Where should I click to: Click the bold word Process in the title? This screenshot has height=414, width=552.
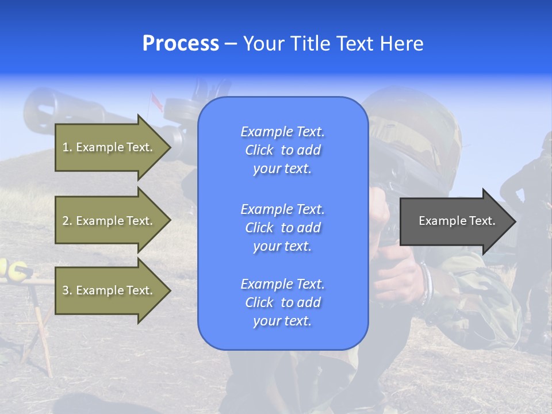pyautogui.click(x=181, y=44)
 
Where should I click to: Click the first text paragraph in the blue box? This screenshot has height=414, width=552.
pyautogui.click(x=283, y=150)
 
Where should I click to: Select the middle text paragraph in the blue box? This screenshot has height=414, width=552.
pyautogui.click(x=283, y=228)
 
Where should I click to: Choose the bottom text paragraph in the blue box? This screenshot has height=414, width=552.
pyautogui.click(x=283, y=302)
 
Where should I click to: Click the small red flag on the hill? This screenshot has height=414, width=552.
pyautogui.click(x=154, y=99)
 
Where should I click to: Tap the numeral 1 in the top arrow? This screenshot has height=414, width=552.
pyautogui.click(x=66, y=147)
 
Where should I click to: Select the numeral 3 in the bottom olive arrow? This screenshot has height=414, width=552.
pyautogui.click(x=66, y=290)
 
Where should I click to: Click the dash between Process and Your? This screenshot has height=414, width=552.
pyautogui.click(x=231, y=44)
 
